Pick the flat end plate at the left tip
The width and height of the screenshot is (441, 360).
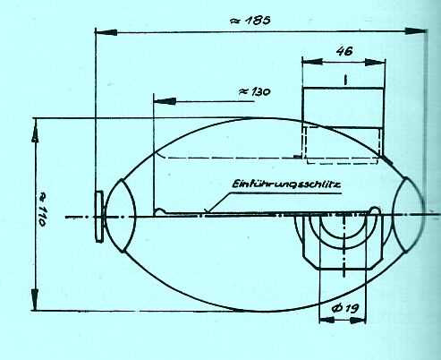pos(98,216)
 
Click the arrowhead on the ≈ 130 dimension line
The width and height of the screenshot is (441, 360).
pos(159,102)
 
